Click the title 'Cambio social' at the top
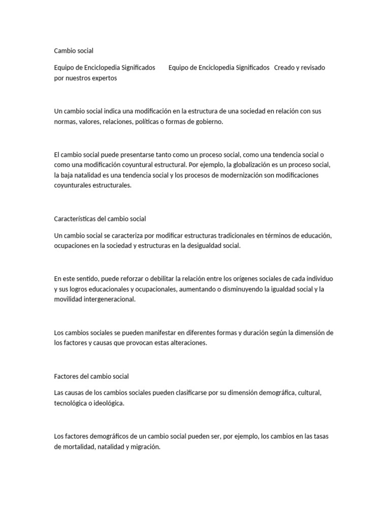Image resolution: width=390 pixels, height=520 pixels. point(74,51)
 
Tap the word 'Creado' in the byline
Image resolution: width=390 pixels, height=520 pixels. point(285,68)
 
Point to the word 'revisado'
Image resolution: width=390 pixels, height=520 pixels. point(312,68)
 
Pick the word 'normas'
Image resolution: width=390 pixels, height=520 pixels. point(65,122)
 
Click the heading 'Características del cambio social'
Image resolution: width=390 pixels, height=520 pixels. point(100,219)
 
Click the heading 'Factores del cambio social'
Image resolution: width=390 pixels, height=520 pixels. point(91,376)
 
